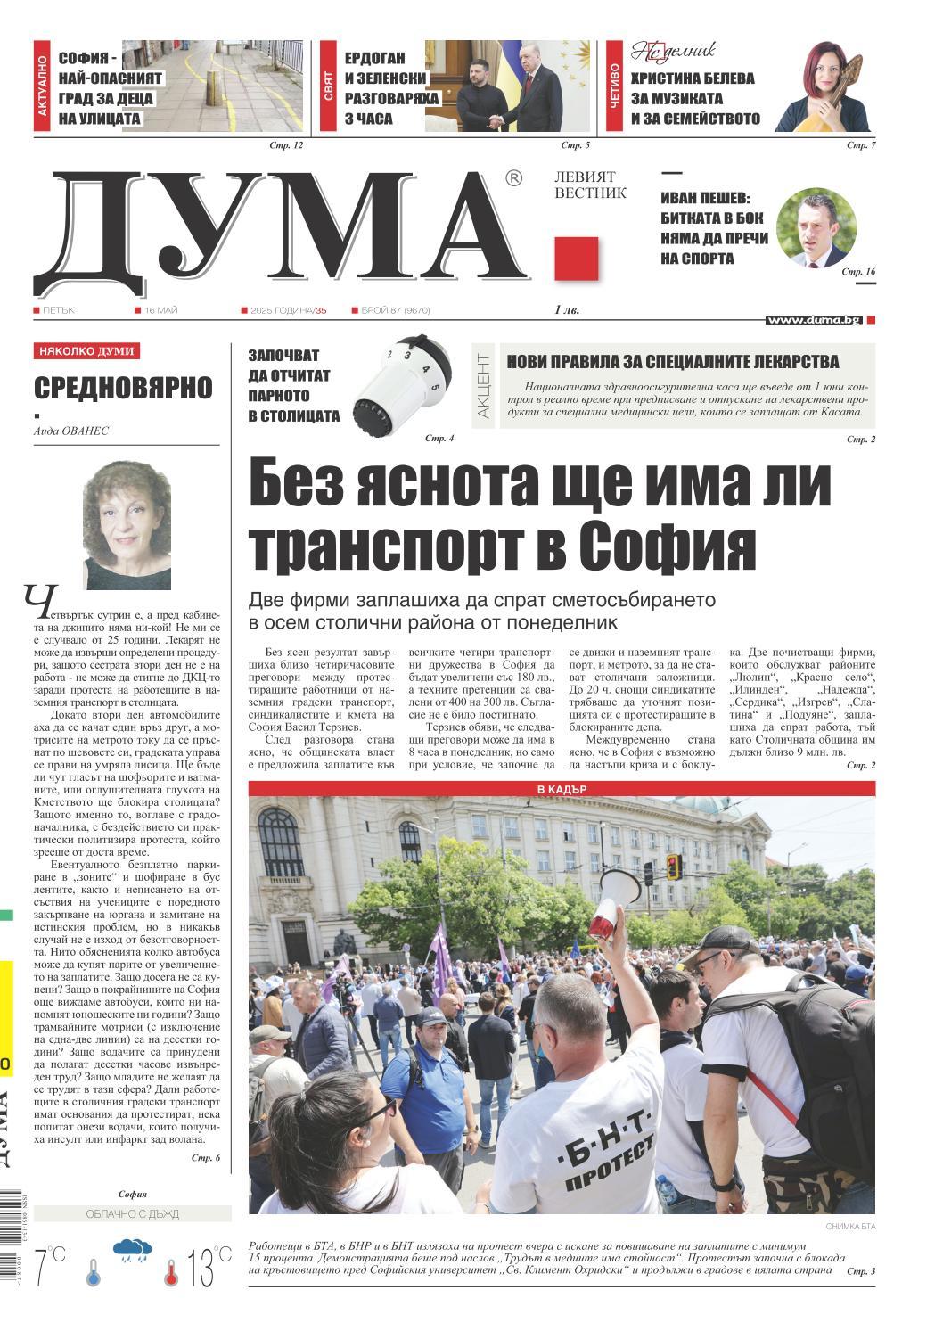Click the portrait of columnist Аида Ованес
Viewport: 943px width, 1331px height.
pos(127,524)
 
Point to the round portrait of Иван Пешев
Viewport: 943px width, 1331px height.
pos(816,227)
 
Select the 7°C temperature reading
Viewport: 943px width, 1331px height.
pos(50,1266)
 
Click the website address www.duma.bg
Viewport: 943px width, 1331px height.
pos(813,319)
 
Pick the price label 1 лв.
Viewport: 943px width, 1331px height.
pos(566,310)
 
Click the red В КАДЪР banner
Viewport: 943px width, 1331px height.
pos(562,789)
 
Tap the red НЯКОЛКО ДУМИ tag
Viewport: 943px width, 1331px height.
pos(86,351)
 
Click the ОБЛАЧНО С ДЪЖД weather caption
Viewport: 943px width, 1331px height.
pos(133,1213)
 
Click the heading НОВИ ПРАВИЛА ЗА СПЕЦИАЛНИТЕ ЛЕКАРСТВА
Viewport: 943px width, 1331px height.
pos(673,361)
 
